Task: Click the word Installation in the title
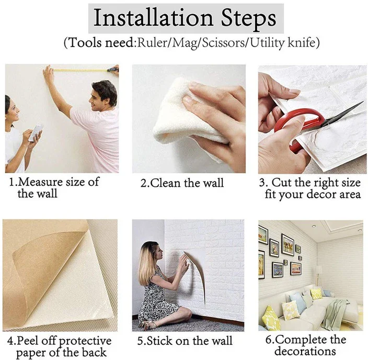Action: pos(153,18)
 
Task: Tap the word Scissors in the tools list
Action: pos(223,43)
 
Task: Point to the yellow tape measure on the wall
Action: pos(81,70)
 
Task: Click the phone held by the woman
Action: pos(36,133)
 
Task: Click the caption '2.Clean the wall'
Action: pos(182,183)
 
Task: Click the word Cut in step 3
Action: pos(282,182)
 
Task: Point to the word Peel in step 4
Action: pos(28,341)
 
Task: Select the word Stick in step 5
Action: pos(160,341)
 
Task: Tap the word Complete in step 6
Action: pos(301,340)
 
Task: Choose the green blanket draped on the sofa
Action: pos(335,314)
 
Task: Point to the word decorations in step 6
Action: pos(305,351)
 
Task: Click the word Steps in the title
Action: pos(248,18)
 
